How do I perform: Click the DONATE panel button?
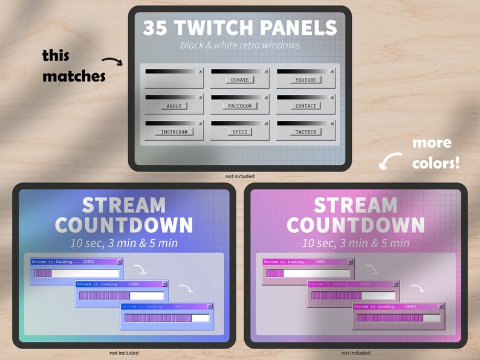[x=240, y=80]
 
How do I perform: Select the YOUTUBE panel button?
[x=306, y=80]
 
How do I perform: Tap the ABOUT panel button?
[x=174, y=106]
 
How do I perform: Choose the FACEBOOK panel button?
[x=240, y=106]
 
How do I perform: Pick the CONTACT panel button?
[x=306, y=106]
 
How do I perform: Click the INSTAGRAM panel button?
[x=174, y=132]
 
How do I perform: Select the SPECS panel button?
[x=240, y=132]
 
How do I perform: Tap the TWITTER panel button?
[x=306, y=132]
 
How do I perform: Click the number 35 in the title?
[x=155, y=27]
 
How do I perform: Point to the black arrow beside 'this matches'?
[x=112, y=61]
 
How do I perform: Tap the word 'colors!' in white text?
[x=435, y=163]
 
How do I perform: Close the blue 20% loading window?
[x=119, y=262]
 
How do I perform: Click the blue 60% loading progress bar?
[x=122, y=295]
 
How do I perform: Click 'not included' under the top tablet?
[x=240, y=176]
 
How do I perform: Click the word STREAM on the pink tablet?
[x=355, y=205]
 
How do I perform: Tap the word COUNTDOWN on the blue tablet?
[x=124, y=225]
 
